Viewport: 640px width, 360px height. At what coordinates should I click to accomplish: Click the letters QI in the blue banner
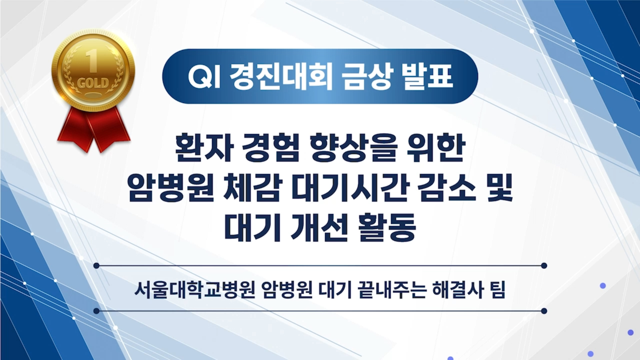point(204,77)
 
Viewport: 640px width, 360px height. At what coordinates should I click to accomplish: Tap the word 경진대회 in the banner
point(281,76)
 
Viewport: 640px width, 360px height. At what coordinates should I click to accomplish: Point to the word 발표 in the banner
point(427,76)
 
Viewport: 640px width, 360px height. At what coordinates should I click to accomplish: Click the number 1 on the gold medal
point(92,61)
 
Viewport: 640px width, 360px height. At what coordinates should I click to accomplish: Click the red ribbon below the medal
point(94,128)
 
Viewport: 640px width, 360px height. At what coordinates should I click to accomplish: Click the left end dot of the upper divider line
point(97,266)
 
